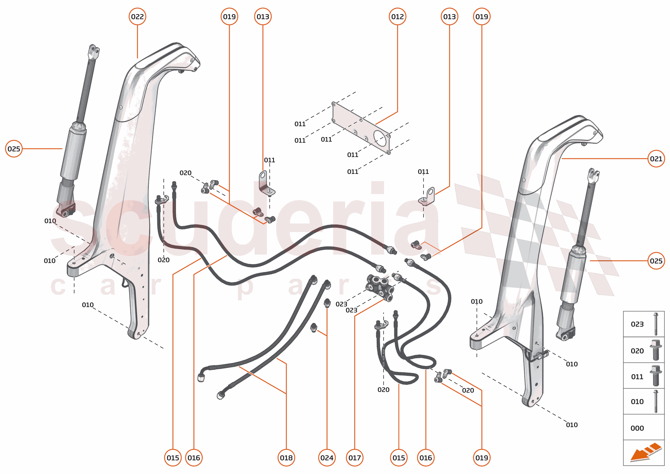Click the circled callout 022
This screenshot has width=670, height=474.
pyautogui.click(x=137, y=17)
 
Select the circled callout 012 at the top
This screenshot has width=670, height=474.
pyautogui.click(x=397, y=17)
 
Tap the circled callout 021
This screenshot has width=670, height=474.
pyautogui.click(x=656, y=159)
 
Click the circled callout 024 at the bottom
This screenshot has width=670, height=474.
pyautogui.click(x=327, y=458)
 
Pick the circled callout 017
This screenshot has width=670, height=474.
pyautogui.click(x=354, y=458)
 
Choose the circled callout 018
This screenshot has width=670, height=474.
pyautogui.click(x=286, y=458)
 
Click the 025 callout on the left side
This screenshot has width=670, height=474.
pyautogui.click(x=14, y=149)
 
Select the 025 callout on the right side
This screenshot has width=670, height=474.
pyautogui.click(x=656, y=261)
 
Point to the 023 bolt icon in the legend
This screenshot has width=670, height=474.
pyautogui.click(x=656, y=324)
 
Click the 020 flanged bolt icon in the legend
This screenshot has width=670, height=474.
pyautogui.click(x=656, y=350)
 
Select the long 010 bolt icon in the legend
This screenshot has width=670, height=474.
pyautogui.click(x=656, y=401)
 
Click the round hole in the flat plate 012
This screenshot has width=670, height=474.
pyautogui.click(x=380, y=138)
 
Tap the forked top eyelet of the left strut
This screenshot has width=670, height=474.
pyautogui.click(x=94, y=51)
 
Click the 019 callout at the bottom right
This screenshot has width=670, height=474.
pyautogui.click(x=481, y=458)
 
